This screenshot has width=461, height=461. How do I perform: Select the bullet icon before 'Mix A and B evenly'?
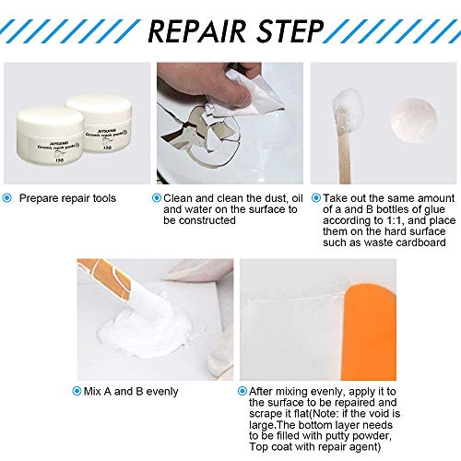[x=84, y=392]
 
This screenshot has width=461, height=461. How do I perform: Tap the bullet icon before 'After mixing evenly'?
[x=242, y=391]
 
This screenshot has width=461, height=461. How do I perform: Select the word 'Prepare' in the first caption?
[x=41, y=198]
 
